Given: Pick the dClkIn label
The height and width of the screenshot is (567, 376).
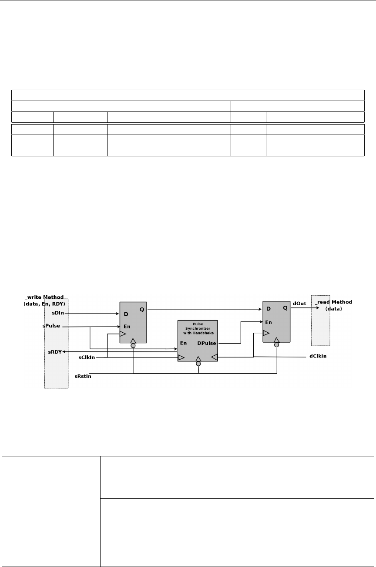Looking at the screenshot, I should point(317,357).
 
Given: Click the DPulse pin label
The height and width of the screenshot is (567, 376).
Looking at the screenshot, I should point(207,343).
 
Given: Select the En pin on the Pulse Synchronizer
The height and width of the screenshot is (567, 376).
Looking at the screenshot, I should point(184,343).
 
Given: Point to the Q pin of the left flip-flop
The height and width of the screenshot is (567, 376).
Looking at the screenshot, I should point(142,310).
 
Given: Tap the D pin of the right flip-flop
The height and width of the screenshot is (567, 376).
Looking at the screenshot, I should point(268,309).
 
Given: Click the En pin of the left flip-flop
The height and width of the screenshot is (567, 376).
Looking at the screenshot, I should point(127,326).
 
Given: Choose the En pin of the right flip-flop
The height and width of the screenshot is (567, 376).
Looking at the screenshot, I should point(270,322).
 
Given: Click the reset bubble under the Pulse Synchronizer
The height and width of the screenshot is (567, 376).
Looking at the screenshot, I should point(198,364).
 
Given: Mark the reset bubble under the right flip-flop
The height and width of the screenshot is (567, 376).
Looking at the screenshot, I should point(276,345).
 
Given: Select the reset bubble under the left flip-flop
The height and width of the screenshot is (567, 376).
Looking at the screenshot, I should point(133,346).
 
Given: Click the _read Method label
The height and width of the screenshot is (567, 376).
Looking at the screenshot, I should point(334,305).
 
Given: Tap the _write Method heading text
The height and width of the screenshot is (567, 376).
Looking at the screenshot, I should point(45,300).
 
